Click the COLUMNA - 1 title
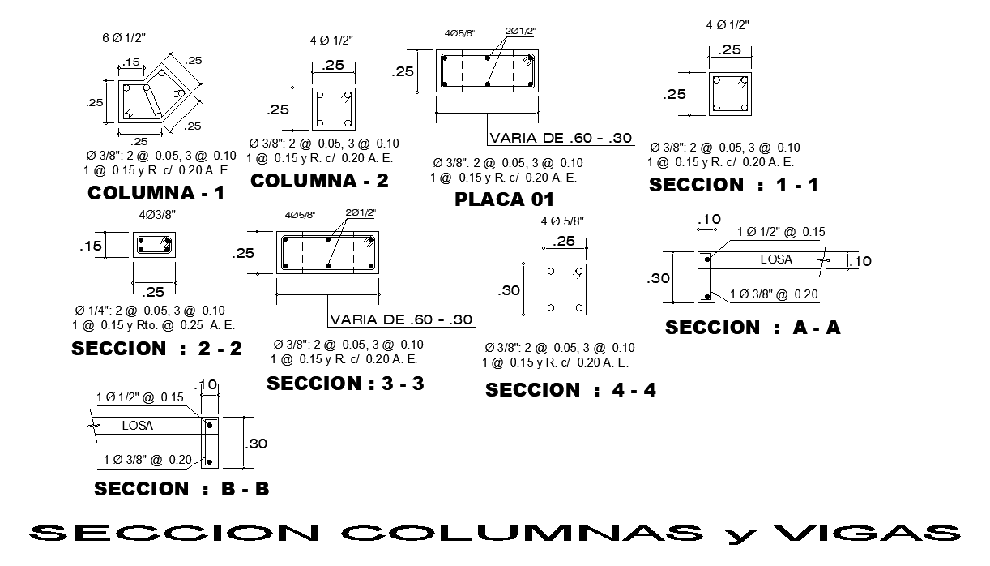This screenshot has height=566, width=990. pyautogui.click(x=156, y=194)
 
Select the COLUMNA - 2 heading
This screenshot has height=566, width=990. pyautogui.click(x=319, y=181)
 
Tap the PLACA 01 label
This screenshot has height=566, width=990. pyautogui.click(x=504, y=199)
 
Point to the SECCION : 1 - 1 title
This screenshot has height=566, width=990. pyautogui.click(x=733, y=185)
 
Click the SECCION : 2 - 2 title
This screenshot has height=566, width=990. pyautogui.click(x=156, y=349)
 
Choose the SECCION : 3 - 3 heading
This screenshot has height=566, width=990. pyautogui.click(x=345, y=384)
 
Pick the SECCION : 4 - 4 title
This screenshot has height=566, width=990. pyautogui.click(x=570, y=391)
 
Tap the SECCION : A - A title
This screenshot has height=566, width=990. pyautogui.click(x=753, y=328)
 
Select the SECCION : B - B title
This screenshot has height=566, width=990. pyautogui.click(x=181, y=489)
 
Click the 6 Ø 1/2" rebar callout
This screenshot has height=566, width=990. pyautogui.click(x=123, y=38)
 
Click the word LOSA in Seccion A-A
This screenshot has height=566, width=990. pyautogui.click(x=775, y=260)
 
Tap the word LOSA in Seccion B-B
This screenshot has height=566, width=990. pyautogui.click(x=137, y=425)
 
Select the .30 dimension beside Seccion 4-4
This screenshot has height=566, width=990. pyautogui.click(x=509, y=290)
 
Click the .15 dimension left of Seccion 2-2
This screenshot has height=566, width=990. pyautogui.click(x=90, y=246)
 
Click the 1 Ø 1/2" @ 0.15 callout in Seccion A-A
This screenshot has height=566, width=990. pyautogui.click(x=781, y=232)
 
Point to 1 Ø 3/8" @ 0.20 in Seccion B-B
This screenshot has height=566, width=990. pyautogui.click(x=147, y=460)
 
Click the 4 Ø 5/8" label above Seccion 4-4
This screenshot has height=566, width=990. pyautogui.click(x=562, y=221)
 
